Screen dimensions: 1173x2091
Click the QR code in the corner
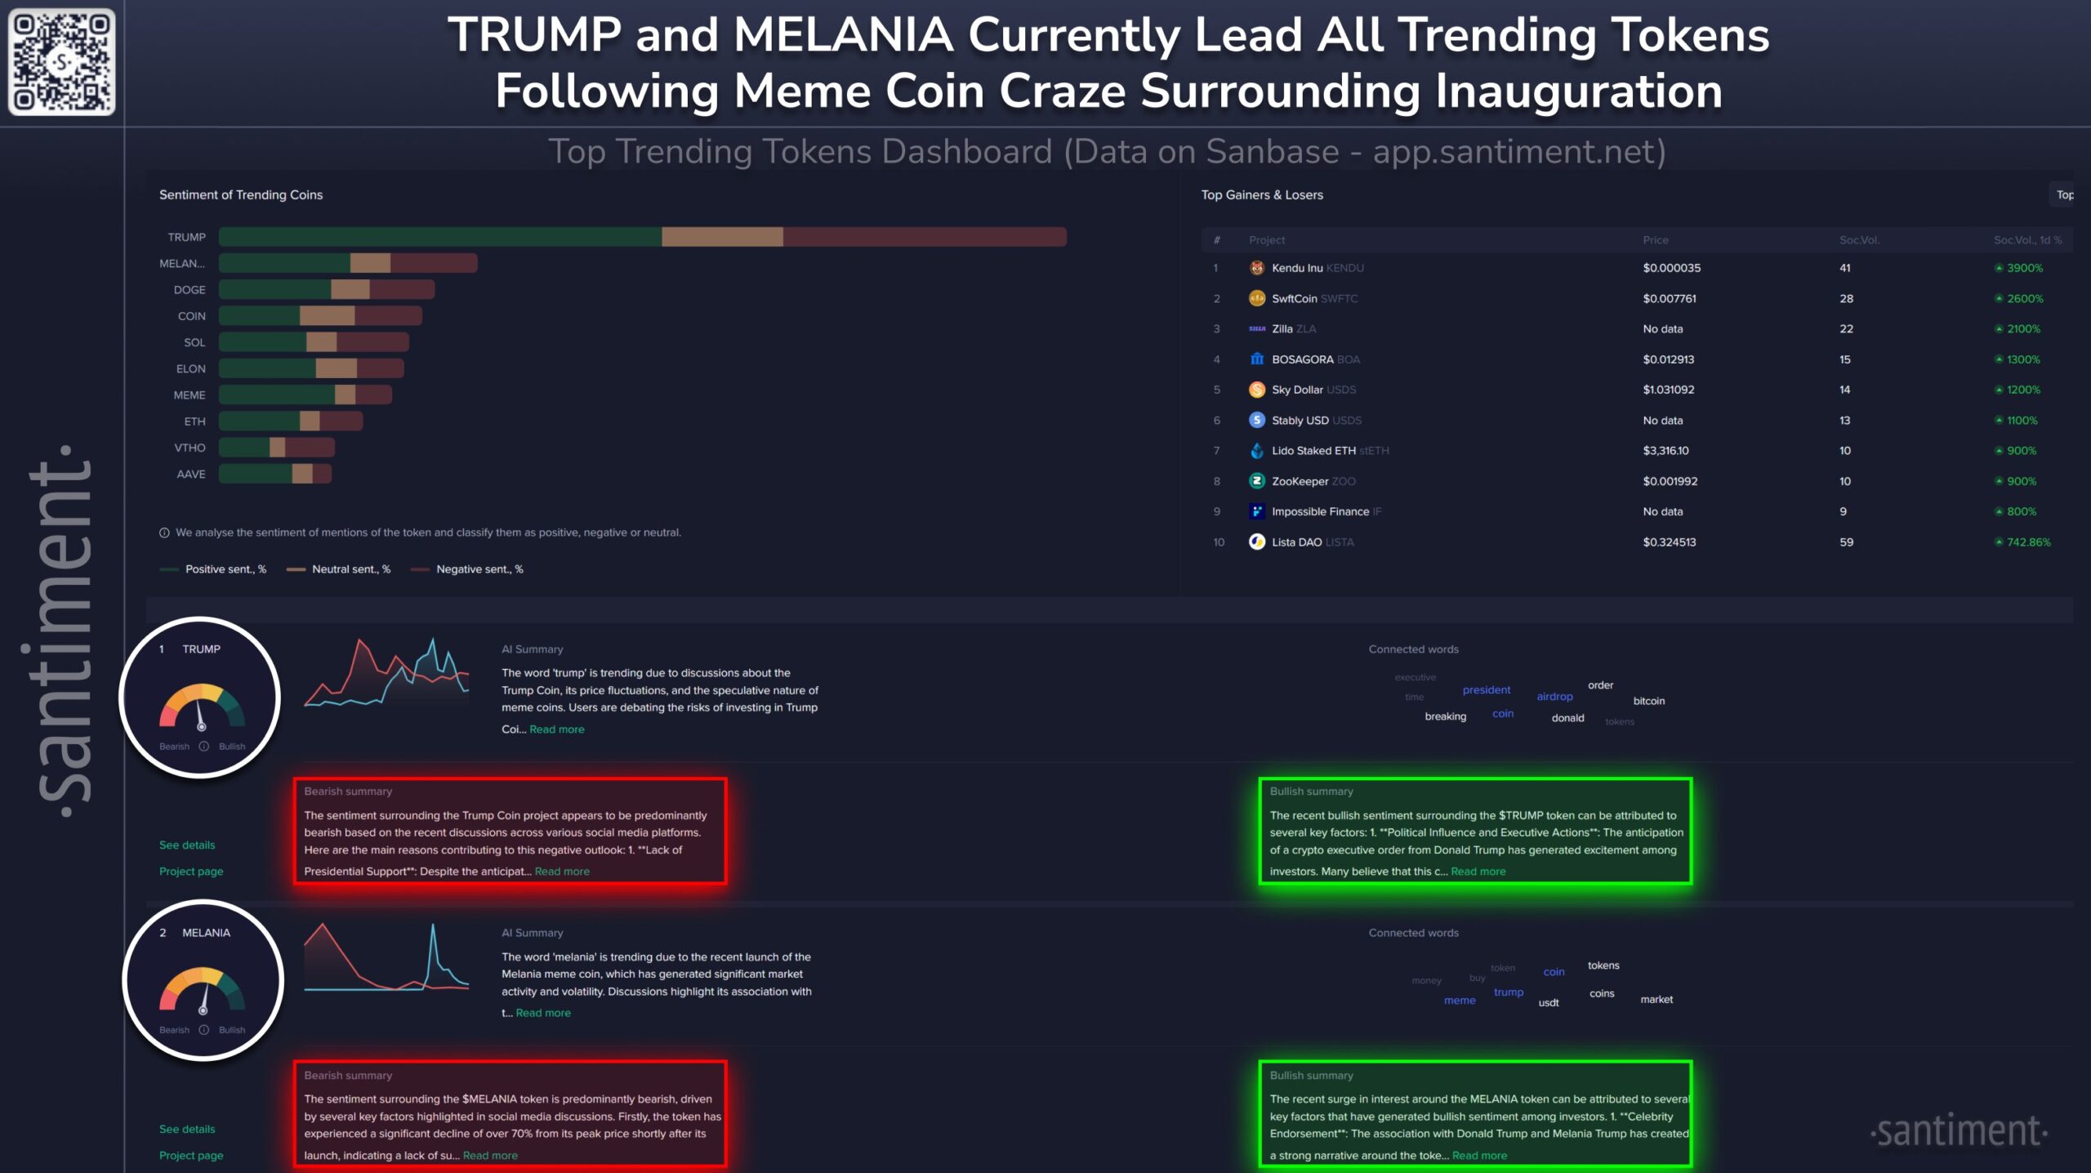(61, 61)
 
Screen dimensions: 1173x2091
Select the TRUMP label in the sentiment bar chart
(186, 237)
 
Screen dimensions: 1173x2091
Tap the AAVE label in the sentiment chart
(191, 474)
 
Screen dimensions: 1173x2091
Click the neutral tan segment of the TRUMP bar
(722, 237)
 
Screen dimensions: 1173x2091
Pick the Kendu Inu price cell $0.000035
(1671, 268)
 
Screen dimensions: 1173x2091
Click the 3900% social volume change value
(2024, 268)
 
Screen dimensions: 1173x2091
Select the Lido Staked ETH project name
(1313, 450)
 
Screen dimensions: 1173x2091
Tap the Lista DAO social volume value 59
(1846, 542)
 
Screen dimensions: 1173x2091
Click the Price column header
(1656, 240)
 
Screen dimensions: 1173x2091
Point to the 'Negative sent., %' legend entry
(479, 569)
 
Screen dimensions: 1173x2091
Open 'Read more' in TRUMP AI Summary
(556, 729)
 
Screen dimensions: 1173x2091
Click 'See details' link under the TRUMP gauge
(187, 845)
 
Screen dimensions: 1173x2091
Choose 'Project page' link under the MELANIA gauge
(191, 1155)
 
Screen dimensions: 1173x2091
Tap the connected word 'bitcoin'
(1648, 701)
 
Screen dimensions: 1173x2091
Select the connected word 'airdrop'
(1554, 697)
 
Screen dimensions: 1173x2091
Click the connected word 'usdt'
(1549, 1002)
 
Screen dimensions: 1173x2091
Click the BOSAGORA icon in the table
(1257, 359)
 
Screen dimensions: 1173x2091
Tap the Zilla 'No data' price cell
(1663, 329)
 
